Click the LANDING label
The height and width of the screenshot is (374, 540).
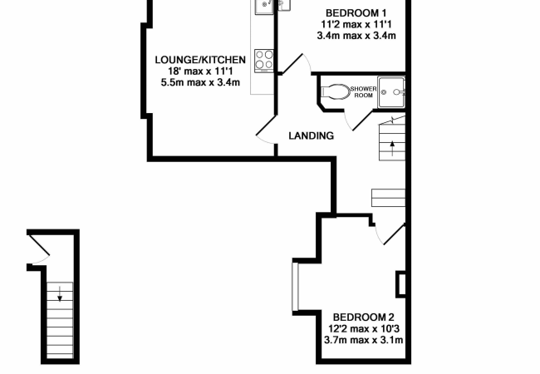311,135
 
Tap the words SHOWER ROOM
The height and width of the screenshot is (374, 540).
363,91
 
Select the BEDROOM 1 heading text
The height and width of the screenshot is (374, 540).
356,12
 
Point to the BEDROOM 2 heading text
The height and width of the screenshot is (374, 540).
363,317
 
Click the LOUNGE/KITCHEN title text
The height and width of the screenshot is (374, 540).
200,59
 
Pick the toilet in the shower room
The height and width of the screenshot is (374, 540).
336,91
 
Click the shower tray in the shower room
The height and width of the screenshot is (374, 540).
390,92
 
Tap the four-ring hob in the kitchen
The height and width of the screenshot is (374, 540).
264,60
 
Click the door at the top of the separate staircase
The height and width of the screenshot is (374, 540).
37,248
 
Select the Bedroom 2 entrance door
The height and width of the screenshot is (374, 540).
391,235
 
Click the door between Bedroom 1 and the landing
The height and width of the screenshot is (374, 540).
295,64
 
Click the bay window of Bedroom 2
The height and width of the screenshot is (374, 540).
293,287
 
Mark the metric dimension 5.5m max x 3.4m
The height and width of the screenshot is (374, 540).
199,82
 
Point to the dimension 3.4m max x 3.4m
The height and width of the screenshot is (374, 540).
356,36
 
